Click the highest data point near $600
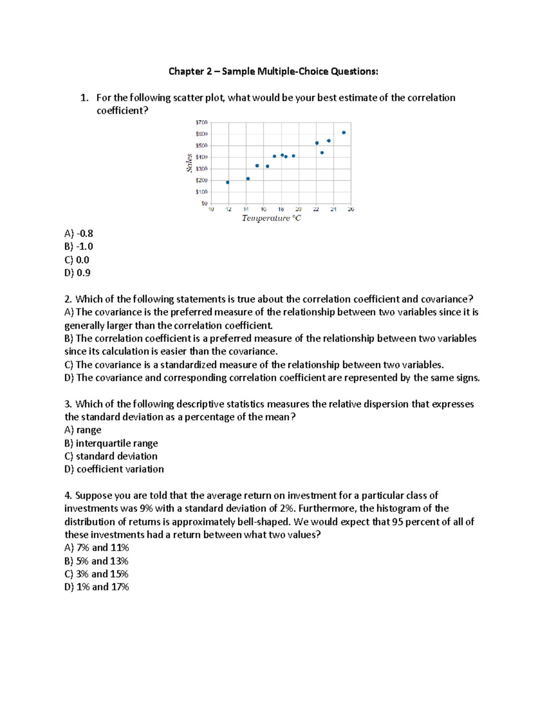point(344,133)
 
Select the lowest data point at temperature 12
point(227,182)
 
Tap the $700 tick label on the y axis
point(201,123)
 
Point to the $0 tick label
point(204,203)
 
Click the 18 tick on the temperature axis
point(281,209)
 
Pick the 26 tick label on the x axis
point(351,209)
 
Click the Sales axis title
point(189,163)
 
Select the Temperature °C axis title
point(271,218)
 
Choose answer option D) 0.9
point(77,273)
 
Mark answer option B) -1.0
point(78,247)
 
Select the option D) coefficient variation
point(114,469)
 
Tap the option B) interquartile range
point(111,443)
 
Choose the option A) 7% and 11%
point(97,548)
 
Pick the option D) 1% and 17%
point(97,587)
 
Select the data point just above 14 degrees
point(248,179)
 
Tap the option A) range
point(83,430)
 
